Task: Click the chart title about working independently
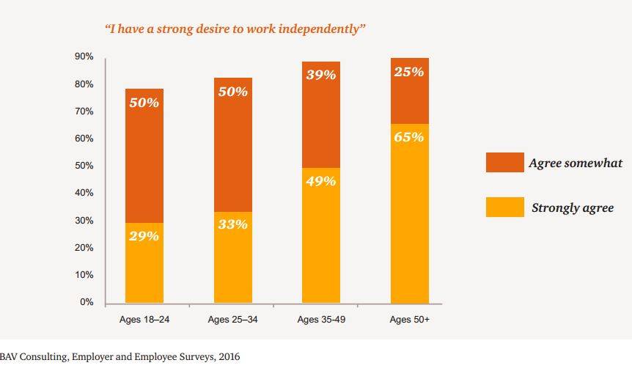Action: point(235,29)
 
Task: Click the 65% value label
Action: point(409,137)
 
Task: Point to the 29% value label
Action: point(144,236)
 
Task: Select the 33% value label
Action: point(232,225)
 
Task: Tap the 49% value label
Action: point(321,181)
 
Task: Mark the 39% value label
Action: point(321,75)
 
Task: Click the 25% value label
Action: point(409,72)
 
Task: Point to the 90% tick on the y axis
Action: point(84,57)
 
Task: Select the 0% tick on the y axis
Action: point(87,302)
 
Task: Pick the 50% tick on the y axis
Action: point(84,166)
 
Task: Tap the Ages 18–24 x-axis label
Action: point(144,320)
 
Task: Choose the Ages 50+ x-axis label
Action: point(409,320)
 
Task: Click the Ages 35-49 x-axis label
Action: point(321,320)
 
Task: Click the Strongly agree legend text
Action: point(572,208)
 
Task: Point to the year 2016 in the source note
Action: point(229,358)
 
